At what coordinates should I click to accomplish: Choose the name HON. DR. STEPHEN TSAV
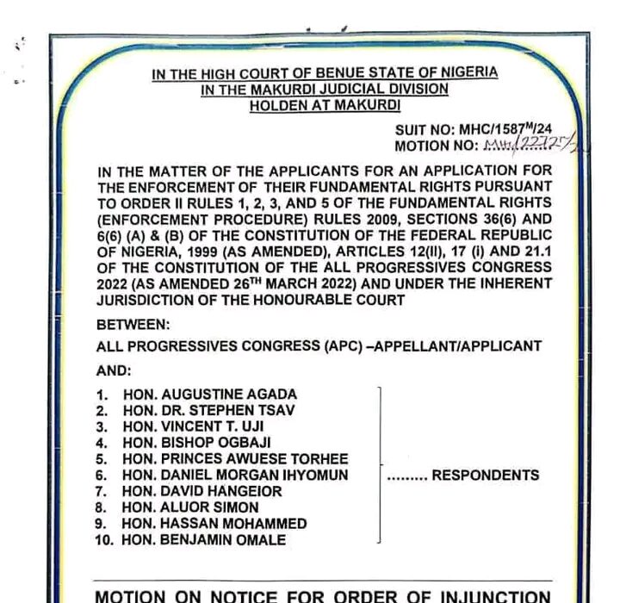point(208,410)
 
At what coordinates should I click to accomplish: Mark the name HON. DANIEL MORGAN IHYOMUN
point(247,475)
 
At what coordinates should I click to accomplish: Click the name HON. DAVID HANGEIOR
point(204,491)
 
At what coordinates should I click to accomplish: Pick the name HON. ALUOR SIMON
point(190,507)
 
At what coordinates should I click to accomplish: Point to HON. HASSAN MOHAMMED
point(214,524)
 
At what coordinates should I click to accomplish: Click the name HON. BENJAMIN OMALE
point(205,540)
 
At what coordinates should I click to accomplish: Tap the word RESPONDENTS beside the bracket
point(485,475)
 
